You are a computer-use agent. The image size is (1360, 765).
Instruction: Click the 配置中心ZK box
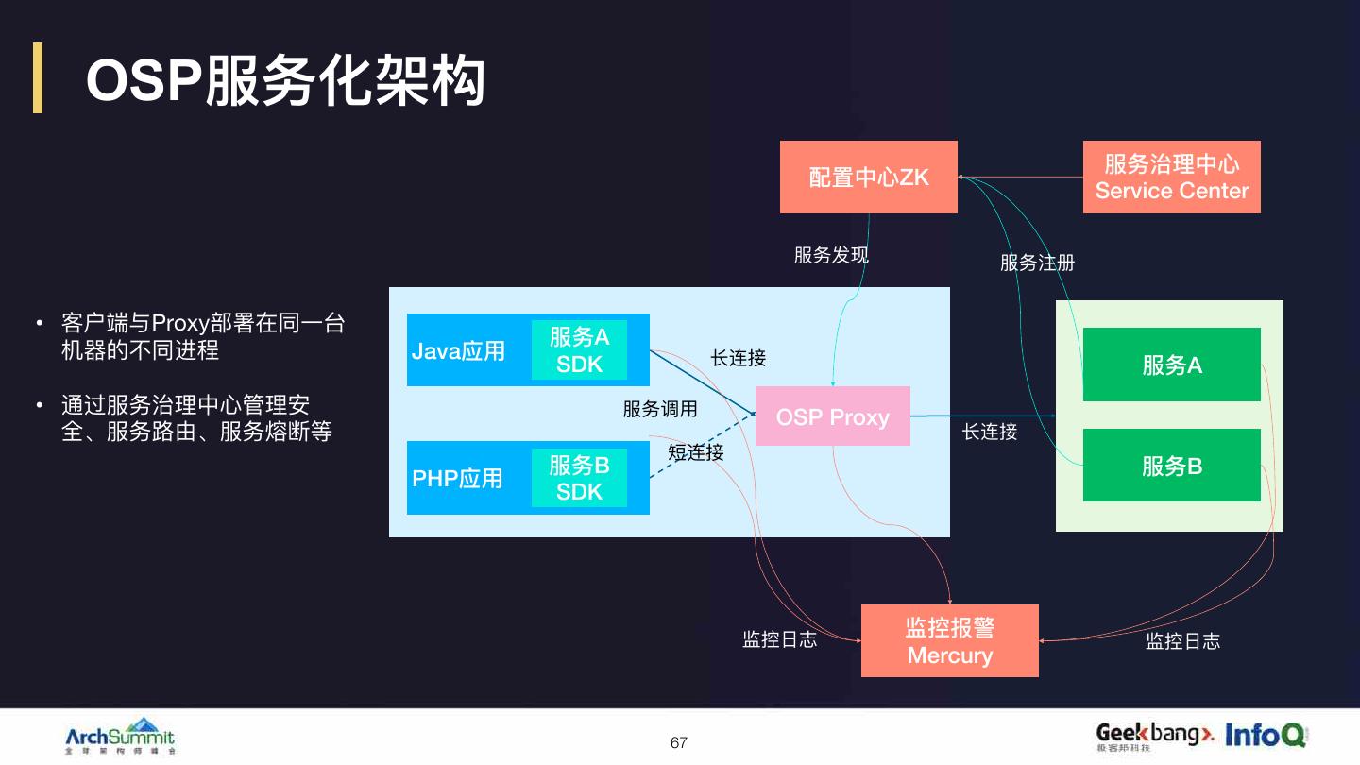(x=868, y=177)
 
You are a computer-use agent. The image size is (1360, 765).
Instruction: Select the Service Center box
(x=1171, y=177)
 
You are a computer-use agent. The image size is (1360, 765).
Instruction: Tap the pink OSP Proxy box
(x=832, y=416)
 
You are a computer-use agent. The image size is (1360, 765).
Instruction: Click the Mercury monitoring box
(x=949, y=641)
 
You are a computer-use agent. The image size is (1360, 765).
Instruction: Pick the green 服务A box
(x=1171, y=365)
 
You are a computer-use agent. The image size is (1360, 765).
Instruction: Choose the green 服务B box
(x=1171, y=466)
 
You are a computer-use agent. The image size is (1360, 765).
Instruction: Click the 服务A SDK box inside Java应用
(x=579, y=349)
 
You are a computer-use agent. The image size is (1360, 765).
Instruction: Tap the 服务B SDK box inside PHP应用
(x=579, y=478)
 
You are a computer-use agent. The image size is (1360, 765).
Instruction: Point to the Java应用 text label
(x=458, y=351)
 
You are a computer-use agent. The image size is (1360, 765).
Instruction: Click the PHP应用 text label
(x=457, y=478)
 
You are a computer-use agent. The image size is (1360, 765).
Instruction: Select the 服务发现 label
(x=831, y=255)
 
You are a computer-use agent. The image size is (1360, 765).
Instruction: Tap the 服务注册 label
(x=1037, y=263)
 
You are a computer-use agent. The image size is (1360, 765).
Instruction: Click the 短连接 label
(x=696, y=452)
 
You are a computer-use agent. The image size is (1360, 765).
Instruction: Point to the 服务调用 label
(x=660, y=409)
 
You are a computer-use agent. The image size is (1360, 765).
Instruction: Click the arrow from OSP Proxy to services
(x=982, y=416)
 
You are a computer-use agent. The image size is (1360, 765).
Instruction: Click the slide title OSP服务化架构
(x=285, y=80)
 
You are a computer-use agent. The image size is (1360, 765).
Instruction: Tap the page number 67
(x=679, y=742)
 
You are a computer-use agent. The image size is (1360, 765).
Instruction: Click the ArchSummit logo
(x=120, y=736)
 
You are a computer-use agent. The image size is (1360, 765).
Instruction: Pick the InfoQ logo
(x=1266, y=734)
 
